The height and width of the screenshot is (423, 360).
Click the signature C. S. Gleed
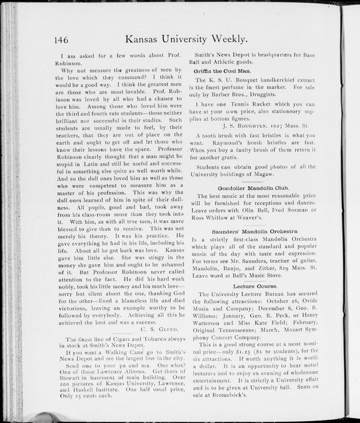[157, 330]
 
